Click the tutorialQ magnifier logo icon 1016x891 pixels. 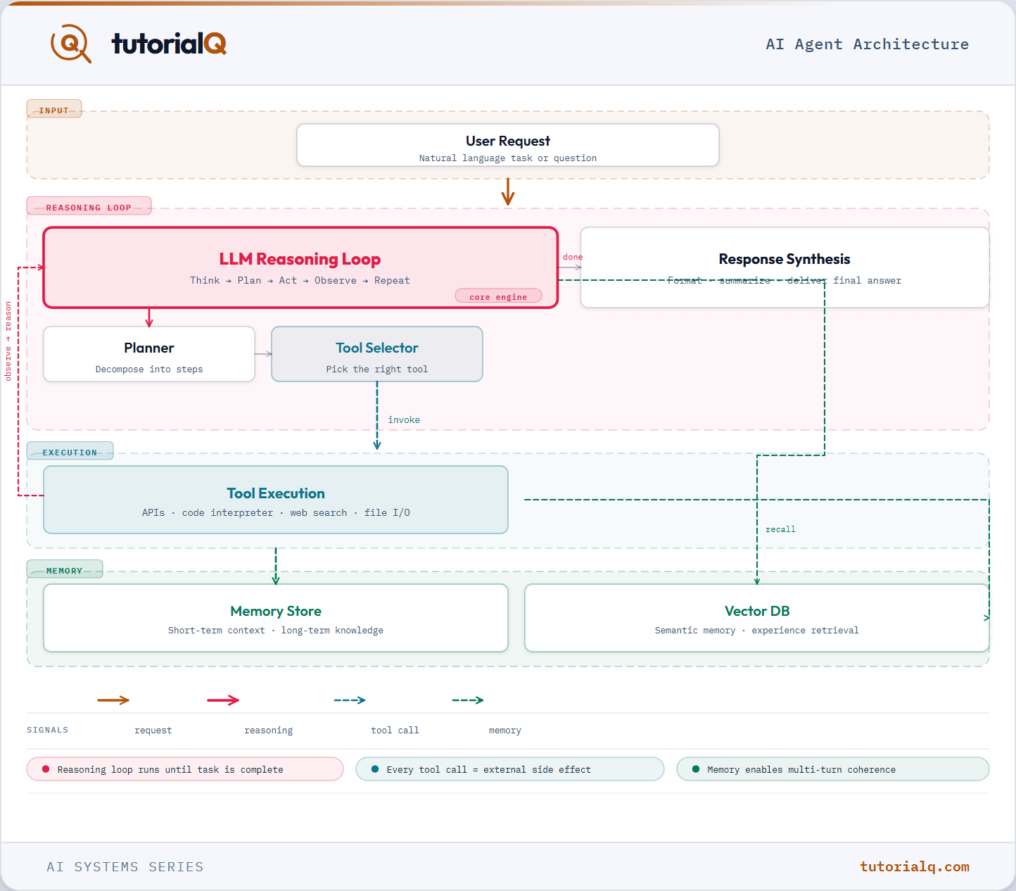pos(70,44)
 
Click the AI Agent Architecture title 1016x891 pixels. pos(867,44)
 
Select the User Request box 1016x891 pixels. pos(507,145)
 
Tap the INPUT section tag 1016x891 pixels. pos(54,109)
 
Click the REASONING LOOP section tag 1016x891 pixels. pos(89,206)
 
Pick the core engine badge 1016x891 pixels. pos(498,296)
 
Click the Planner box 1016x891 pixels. pos(149,354)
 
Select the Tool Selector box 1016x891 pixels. pos(377,354)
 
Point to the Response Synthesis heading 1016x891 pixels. pos(785,259)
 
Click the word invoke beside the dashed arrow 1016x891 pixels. pos(404,420)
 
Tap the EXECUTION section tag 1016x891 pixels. pos(70,451)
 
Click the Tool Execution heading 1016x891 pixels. pos(276,493)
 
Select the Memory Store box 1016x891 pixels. pos(276,618)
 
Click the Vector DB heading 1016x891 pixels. pos(757,611)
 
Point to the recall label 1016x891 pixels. pos(780,529)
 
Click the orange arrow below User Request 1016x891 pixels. pos(508,191)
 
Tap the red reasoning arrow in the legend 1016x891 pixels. pos(223,700)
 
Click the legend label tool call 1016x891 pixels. pos(395,730)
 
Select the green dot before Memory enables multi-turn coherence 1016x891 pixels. pos(696,769)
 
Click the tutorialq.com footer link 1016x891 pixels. pos(915,867)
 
